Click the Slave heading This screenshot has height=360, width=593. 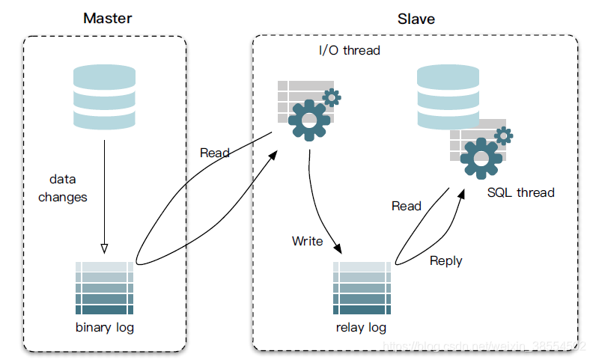pyautogui.click(x=416, y=19)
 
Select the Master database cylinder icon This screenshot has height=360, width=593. pyautogui.click(x=104, y=97)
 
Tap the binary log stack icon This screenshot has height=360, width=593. pyautogui.click(x=105, y=288)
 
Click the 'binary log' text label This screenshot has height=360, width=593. pyautogui.click(x=105, y=328)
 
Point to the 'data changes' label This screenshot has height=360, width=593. pyautogui.click(x=63, y=189)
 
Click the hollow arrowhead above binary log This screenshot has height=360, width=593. pyautogui.click(x=104, y=248)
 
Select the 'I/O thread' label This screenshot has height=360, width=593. pyautogui.click(x=350, y=51)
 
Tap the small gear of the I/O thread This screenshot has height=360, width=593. pyautogui.click(x=331, y=97)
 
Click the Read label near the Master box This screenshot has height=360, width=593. pyautogui.click(x=215, y=153)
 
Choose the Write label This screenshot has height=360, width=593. pyautogui.click(x=308, y=241)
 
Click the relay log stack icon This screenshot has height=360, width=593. pyautogui.click(x=362, y=288)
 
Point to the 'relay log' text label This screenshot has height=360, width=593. pyautogui.click(x=362, y=328)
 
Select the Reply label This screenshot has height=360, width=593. pyautogui.click(x=446, y=261)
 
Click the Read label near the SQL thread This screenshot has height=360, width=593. pyautogui.click(x=407, y=206)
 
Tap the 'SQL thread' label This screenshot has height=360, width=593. pyautogui.click(x=521, y=192)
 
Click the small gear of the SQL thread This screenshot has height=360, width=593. pyautogui.click(x=503, y=135)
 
